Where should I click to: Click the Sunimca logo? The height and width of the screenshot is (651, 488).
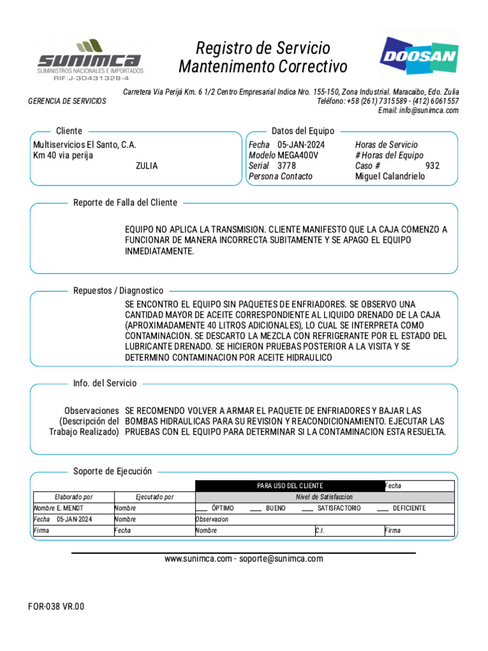pos(89,59)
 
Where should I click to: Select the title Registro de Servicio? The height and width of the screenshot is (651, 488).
pos(263,48)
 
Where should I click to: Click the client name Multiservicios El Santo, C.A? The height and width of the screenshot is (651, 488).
pos(85,145)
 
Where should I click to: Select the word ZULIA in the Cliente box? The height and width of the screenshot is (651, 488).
pos(147,166)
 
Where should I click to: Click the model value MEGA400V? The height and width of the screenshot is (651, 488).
pos(298,156)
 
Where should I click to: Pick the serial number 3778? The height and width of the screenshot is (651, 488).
pos(287,166)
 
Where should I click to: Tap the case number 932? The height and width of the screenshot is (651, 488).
pos(432,166)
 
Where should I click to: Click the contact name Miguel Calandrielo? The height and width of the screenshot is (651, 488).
pos(390,177)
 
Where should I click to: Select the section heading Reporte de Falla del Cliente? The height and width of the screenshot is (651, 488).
pos(125,203)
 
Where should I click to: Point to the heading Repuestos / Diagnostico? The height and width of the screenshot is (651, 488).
pos(118,291)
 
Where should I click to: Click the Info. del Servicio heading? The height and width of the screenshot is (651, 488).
pos(105,383)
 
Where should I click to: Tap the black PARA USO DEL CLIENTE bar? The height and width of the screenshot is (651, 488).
pos(290,486)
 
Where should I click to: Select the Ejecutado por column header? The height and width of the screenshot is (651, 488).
pos(155,497)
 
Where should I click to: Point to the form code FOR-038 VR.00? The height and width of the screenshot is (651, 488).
pos(56,606)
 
